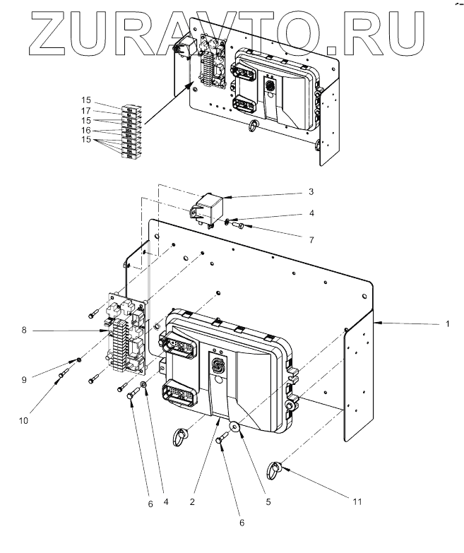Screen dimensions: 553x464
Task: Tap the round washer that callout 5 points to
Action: [235, 428]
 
